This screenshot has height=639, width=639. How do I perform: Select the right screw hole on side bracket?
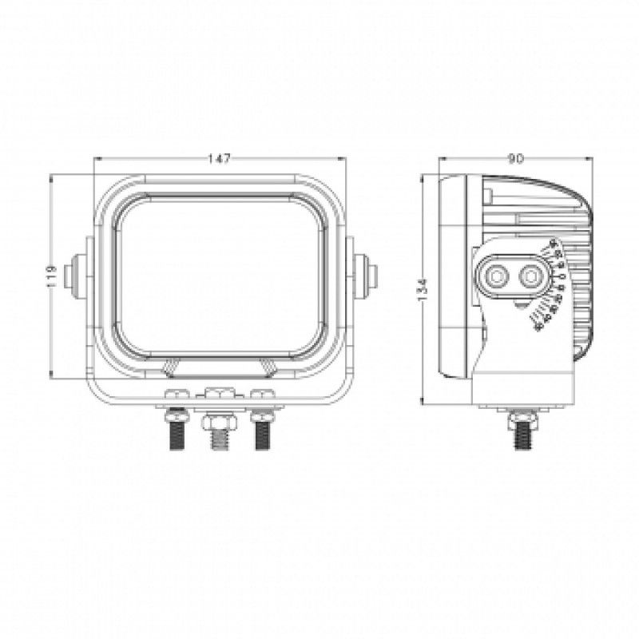[529, 277]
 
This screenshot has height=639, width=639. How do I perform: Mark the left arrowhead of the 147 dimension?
[97, 159]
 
